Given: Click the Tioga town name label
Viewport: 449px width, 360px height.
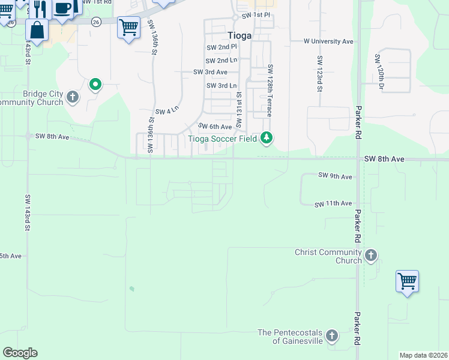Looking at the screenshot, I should tap(240, 35).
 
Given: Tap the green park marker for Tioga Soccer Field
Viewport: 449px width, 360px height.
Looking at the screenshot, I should tap(267, 139).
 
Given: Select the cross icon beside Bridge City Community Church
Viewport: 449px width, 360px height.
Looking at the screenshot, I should tap(73, 97).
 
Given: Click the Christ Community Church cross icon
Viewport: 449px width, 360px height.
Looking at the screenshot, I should tap(371, 256).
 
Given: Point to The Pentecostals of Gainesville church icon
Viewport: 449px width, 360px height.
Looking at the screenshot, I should tap(332, 336).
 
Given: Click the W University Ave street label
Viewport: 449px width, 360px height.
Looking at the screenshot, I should tap(328, 41).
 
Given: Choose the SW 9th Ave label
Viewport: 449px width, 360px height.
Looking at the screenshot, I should tap(335, 176).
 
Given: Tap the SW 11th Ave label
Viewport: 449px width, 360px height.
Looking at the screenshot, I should tap(333, 204).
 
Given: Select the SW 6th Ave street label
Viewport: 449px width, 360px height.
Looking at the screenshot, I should tap(215, 127).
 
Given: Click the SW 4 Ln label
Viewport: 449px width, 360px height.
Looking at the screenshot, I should tap(167, 112).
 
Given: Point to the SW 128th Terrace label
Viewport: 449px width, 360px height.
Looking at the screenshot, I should tap(270, 90).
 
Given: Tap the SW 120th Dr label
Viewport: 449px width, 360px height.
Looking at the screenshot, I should tap(379, 72).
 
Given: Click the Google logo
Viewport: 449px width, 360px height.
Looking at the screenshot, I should tap(20, 353).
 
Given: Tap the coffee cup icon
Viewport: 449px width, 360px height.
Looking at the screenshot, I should tap(62, 8).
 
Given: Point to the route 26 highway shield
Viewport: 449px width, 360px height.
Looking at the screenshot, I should tap(96, 22).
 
